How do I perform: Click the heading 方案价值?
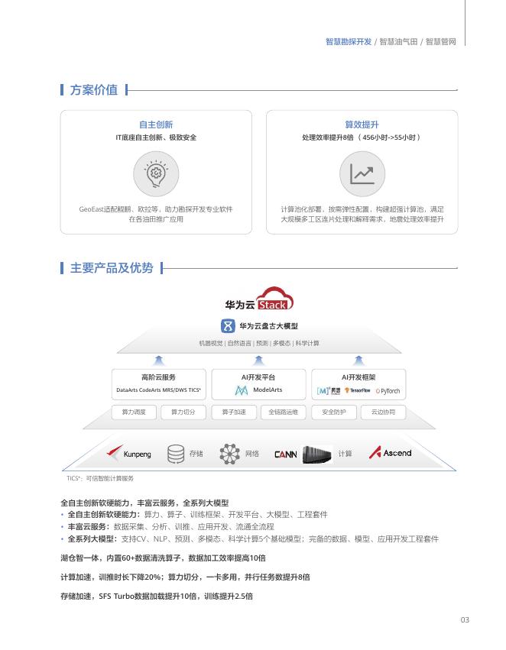[93, 90]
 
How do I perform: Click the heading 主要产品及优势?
[111, 268]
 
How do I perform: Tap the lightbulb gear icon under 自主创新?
[156, 174]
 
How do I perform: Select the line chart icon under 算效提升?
[362, 174]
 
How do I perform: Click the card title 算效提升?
[362, 125]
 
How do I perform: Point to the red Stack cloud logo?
[273, 299]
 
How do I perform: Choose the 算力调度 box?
[134, 412]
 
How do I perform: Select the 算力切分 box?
[183, 412]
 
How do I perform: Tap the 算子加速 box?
[234, 412]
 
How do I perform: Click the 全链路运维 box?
[284, 412]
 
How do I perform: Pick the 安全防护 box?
[334, 412]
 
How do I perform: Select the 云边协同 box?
[384, 412]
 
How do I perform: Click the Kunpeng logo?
[130, 454]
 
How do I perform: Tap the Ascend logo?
[391, 453]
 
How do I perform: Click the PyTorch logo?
[388, 391]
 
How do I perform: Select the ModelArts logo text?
[268, 390]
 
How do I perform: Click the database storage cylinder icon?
[176, 454]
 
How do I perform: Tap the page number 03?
[465, 619]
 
